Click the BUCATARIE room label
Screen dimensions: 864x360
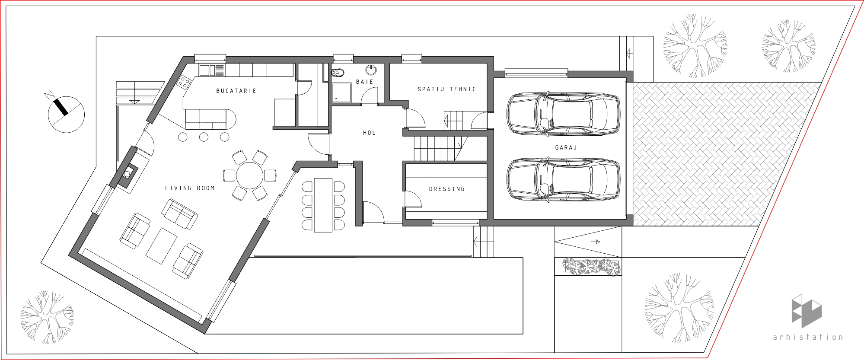236,91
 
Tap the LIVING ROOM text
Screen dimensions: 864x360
190,188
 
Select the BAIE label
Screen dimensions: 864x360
365,82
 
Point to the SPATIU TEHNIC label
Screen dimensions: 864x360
447,89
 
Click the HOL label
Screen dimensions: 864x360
370,133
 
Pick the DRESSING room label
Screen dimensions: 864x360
447,189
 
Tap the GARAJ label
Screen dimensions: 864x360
566,147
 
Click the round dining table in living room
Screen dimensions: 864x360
250,175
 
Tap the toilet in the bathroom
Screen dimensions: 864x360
338,73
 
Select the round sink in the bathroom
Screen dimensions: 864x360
371,70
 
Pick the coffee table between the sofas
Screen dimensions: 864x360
162,246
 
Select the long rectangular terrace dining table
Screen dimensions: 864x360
323,205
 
